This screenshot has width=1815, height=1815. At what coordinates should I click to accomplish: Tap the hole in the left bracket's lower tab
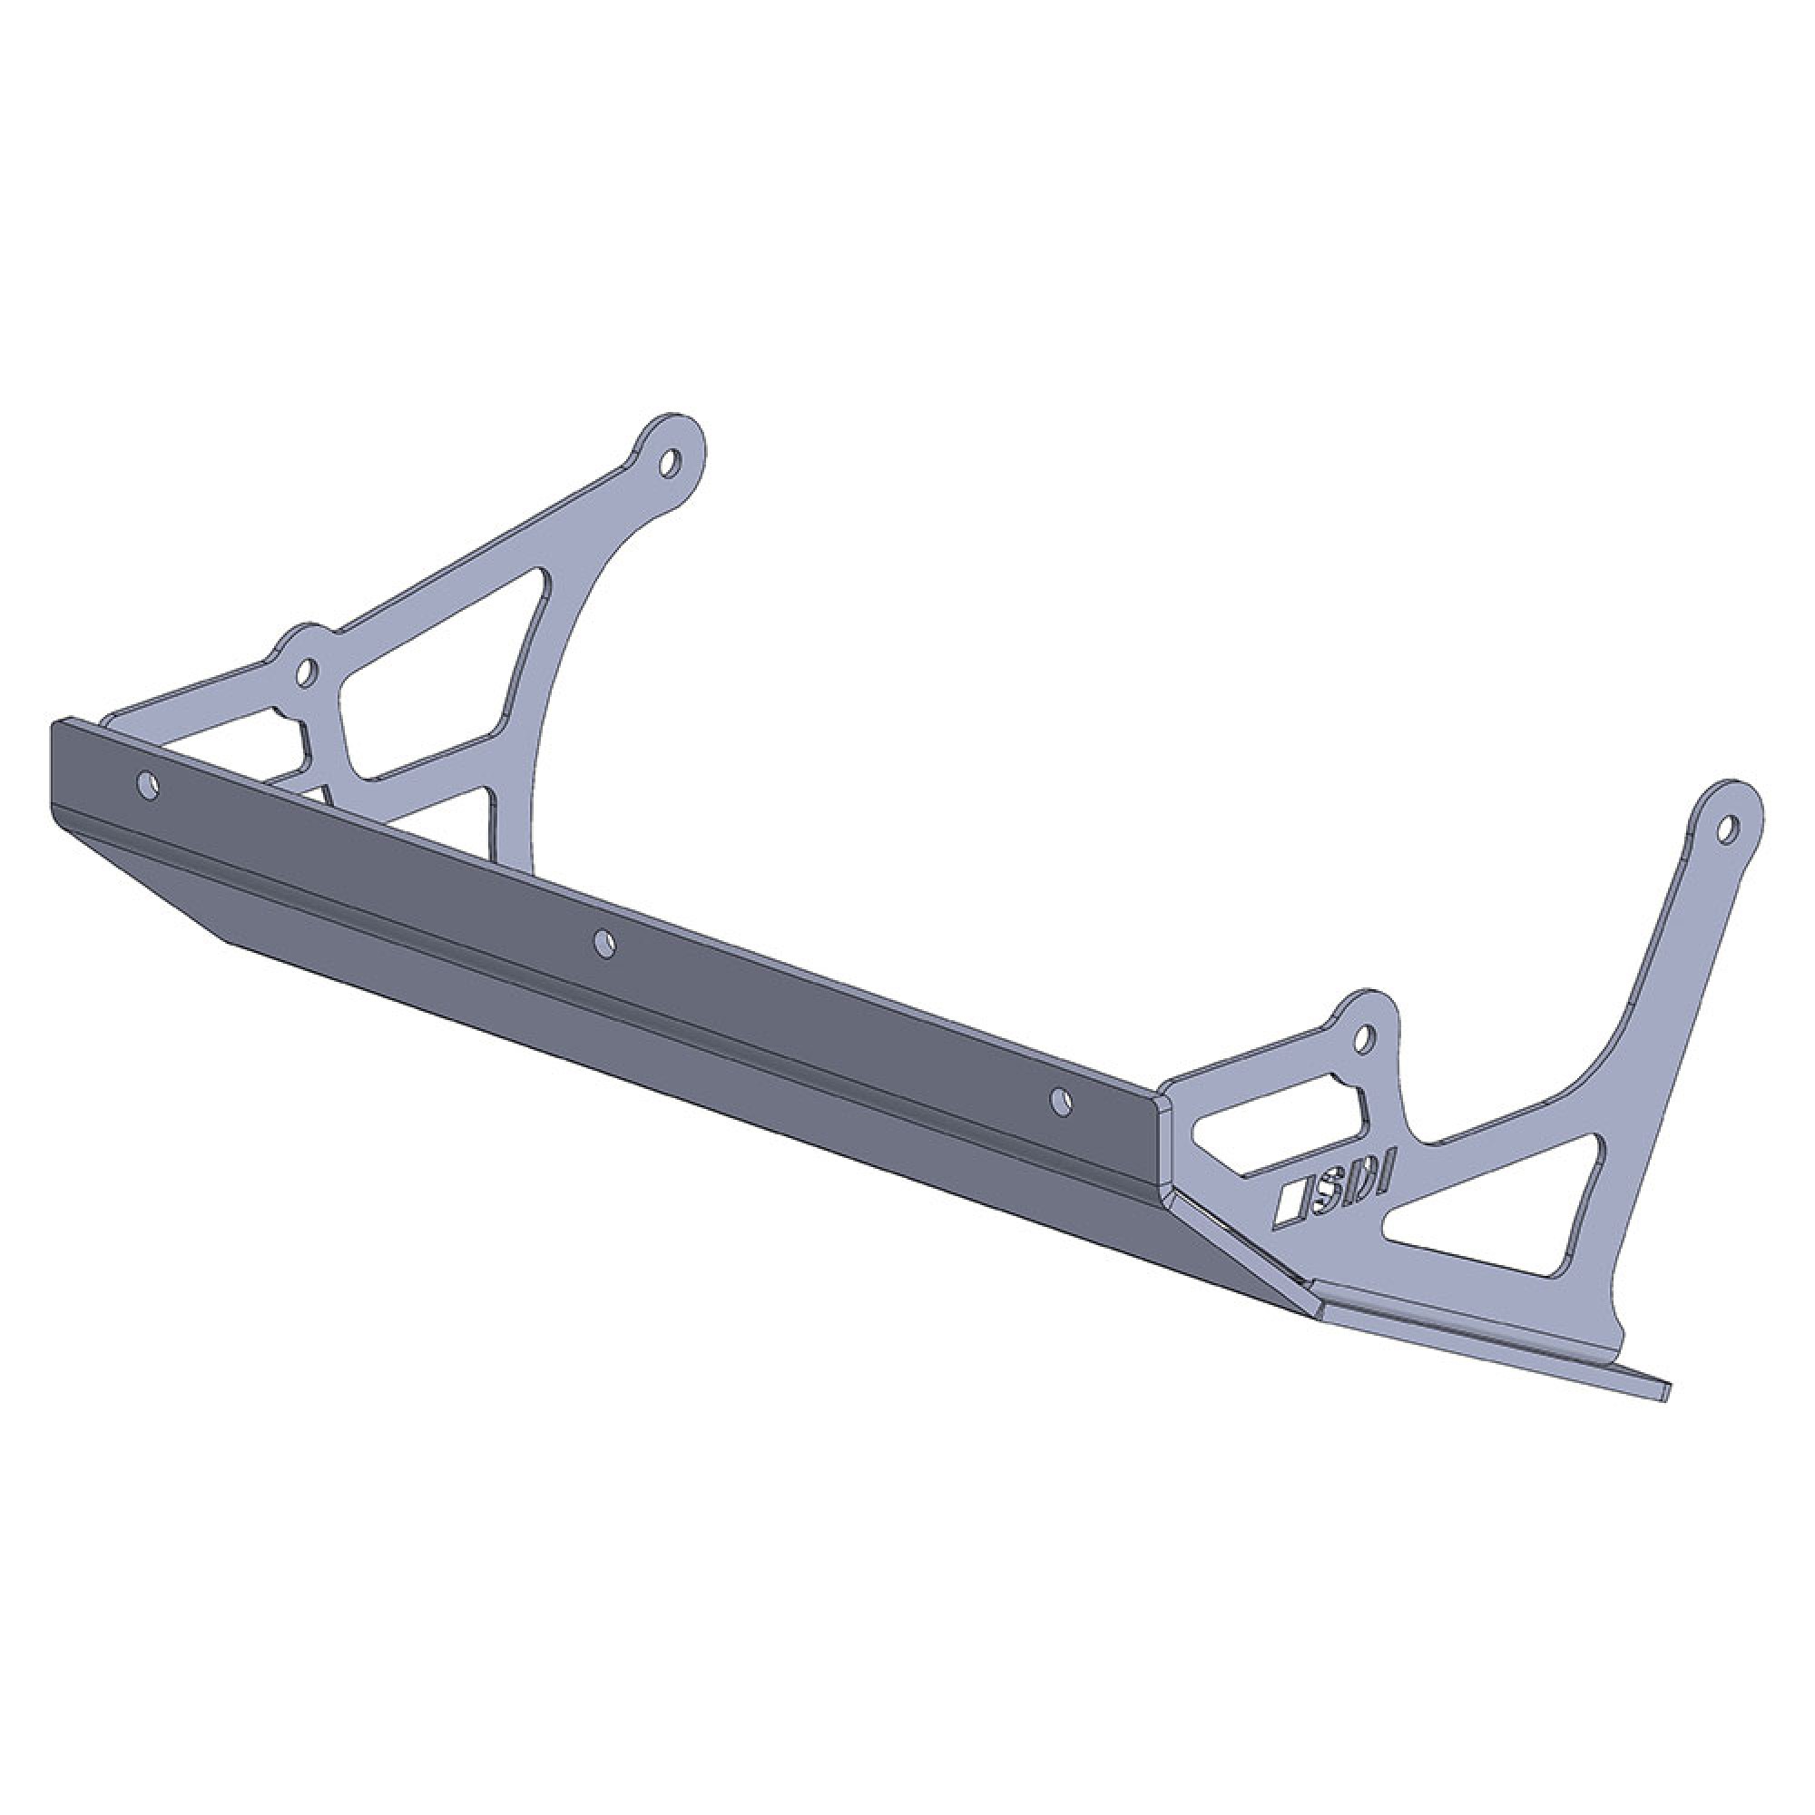click(x=305, y=670)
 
